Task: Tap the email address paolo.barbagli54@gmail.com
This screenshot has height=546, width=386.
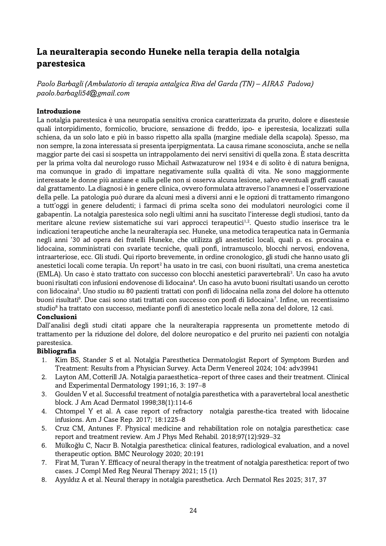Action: click(x=83, y=93)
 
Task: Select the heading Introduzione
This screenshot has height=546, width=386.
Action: click(x=58, y=111)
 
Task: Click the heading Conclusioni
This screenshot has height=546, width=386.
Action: click(x=57, y=317)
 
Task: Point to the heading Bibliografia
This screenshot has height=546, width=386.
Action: click(x=56, y=351)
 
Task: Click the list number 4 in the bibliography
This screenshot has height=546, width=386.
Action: click(x=44, y=411)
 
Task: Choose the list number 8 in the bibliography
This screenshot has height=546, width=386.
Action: click(x=44, y=480)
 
